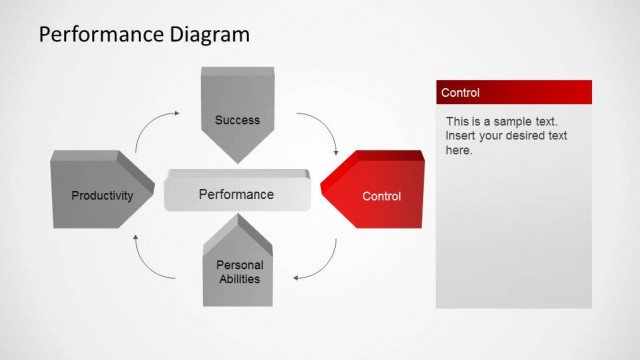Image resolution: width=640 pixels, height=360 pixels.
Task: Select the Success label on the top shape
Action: coord(237,120)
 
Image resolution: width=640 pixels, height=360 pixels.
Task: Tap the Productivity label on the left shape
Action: coord(102,196)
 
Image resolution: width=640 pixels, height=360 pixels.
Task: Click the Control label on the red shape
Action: coord(381,196)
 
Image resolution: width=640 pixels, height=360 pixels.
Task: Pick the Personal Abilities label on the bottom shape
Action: coord(240,272)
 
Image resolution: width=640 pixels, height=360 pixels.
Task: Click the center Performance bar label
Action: coord(236,194)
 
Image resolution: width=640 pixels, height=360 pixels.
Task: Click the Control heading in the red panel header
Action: coord(461,93)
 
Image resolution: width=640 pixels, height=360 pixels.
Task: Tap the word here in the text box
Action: coord(459,150)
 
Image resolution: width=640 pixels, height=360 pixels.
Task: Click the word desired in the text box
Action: coord(541,136)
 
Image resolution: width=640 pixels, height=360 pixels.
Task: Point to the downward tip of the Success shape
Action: coord(238,162)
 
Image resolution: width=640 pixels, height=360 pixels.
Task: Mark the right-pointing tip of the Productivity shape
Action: coord(155,186)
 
